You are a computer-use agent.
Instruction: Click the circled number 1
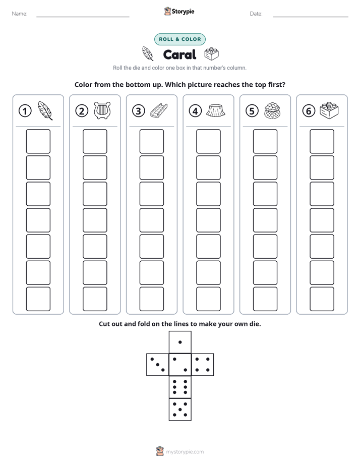tap(25, 111)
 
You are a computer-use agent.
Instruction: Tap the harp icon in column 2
tap(102, 110)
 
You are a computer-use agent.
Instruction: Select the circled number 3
tap(139, 111)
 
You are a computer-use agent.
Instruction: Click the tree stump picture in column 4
tap(216, 110)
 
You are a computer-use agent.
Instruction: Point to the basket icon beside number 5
tap(272, 111)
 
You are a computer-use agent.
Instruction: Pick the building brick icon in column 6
tap(329, 110)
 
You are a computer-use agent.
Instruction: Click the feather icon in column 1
tap(45, 110)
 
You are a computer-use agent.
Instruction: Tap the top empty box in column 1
tap(38, 141)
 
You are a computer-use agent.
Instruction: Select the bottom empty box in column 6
tap(322, 299)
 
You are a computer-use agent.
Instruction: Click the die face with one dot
tap(180, 342)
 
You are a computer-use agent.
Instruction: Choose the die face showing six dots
tap(180, 387)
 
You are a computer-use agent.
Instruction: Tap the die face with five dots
tap(180, 410)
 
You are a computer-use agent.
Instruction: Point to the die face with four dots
tap(203, 365)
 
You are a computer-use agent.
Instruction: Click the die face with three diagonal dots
tap(158, 365)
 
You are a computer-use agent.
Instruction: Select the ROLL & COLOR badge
tap(180, 39)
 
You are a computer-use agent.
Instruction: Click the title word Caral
tap(179, 54)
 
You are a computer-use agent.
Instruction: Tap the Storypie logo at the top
tap(179, 12)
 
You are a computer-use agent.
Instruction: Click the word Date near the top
tap(256, 14)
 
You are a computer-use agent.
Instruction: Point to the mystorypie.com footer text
tap(185, 452)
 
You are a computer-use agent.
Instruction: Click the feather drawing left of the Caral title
tap(148, 53)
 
